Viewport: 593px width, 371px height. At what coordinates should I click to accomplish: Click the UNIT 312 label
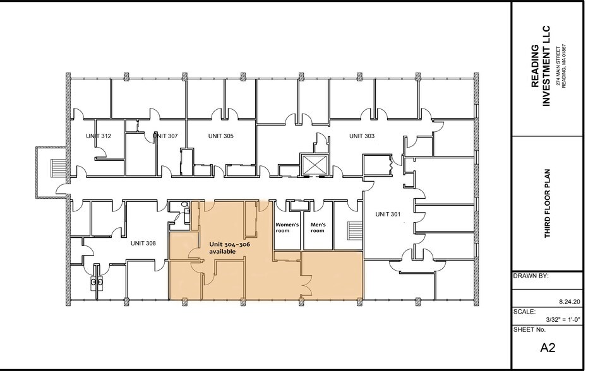[x=99, y=136]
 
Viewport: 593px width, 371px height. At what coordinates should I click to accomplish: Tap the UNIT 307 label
[x=165, y=136]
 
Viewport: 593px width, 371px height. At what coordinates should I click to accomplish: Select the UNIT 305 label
[x=220, y=136]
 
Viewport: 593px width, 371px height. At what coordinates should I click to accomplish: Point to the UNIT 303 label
[x=362, y=136]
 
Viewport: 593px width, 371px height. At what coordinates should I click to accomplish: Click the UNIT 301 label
[x=388, y=214]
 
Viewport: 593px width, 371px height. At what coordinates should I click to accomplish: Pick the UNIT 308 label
[x=143, y=243]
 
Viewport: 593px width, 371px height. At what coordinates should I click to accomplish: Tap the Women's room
[x=285, y=227]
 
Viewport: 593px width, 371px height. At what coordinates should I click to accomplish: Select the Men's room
[x=317, y=227]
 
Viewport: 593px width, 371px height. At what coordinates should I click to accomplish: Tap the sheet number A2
[x=546, y=347]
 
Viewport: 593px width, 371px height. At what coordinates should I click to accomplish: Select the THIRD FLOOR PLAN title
[x=548, y=203]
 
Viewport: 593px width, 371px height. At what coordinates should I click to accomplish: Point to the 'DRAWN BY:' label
[x=530, y=276]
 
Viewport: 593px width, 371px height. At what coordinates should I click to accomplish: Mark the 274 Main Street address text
[x=558, y=66]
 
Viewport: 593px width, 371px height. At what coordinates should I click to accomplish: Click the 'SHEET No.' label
[x=529, y=330]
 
